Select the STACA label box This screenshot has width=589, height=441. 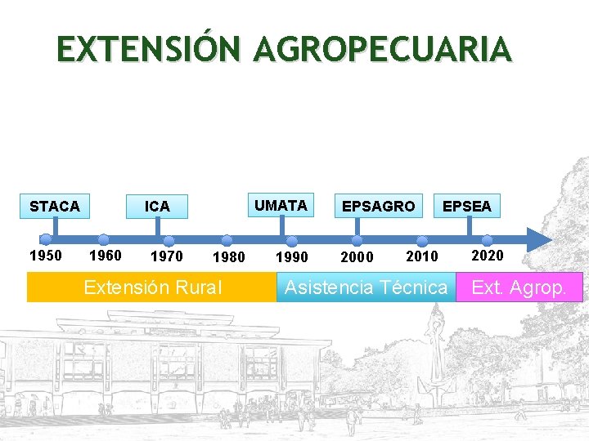coord(55,207)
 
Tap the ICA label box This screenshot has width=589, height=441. coord(157,207)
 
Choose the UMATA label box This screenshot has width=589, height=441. coord(281,205)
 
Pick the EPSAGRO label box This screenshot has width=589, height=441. coord(378,207)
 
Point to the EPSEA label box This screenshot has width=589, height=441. coord(467,207)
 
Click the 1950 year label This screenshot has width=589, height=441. coord(45,256)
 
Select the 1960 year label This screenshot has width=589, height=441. coord(105,256)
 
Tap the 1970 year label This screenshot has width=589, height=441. coord(167,256)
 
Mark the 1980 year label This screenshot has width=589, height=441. coord(228,258)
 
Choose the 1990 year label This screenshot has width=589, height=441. coord(292,257)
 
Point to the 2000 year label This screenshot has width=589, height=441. coord(357,257)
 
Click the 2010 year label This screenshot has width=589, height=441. coord(422,256)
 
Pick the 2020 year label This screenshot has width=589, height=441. coord(488,256)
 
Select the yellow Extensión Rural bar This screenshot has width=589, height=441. coord(152,287)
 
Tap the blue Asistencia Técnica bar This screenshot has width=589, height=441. coord(366,287)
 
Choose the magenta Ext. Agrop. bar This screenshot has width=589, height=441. coord(519,287)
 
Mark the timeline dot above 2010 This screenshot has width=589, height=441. coord(422,241)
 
